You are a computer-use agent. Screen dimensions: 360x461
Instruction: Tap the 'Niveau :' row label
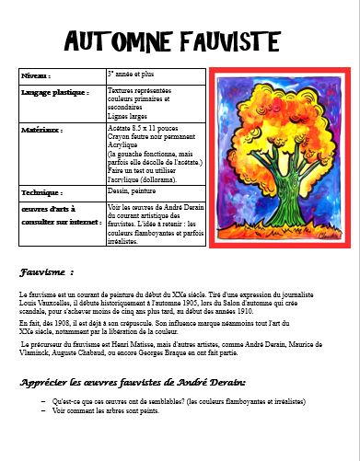tap(37, 75)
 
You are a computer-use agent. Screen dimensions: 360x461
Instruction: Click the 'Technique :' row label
tap(41, 192)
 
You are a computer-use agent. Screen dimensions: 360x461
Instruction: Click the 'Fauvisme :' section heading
tap(46, 272)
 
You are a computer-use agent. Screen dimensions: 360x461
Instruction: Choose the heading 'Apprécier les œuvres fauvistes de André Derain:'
tap(133, 381)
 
